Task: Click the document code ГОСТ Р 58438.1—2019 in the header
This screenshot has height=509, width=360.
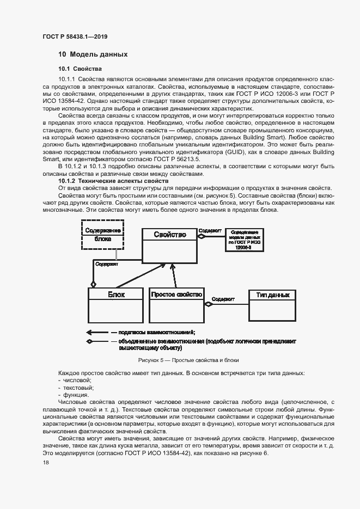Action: coord(75,36)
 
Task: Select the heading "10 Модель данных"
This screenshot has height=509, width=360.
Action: coord(93,54)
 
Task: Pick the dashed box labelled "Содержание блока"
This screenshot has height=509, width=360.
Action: coord(102,234)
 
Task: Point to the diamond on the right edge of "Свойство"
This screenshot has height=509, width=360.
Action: coord(200,236)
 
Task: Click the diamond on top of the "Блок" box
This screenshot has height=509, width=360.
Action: coord(93,284)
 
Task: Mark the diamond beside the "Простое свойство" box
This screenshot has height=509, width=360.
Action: coord(208,304)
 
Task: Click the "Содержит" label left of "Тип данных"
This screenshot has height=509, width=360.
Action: coord(223,299)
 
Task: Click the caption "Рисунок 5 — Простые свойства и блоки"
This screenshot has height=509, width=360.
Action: coord(188,360)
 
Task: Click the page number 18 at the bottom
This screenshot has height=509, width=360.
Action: coord(46,462)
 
